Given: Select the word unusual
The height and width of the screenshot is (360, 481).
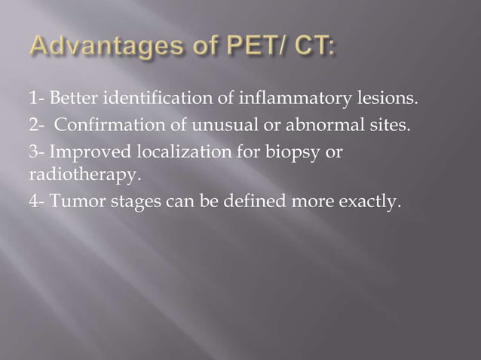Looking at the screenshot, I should click(206, 124).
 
